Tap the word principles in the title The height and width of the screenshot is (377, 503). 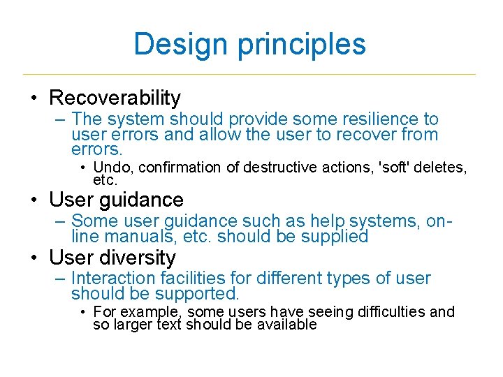click(301, 44)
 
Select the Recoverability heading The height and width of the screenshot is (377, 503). click(115, 98)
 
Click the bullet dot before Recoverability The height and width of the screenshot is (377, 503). click(34, 98)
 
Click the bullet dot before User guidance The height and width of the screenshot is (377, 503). click(34, 200)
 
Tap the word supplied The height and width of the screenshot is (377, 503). click(335, 237)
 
